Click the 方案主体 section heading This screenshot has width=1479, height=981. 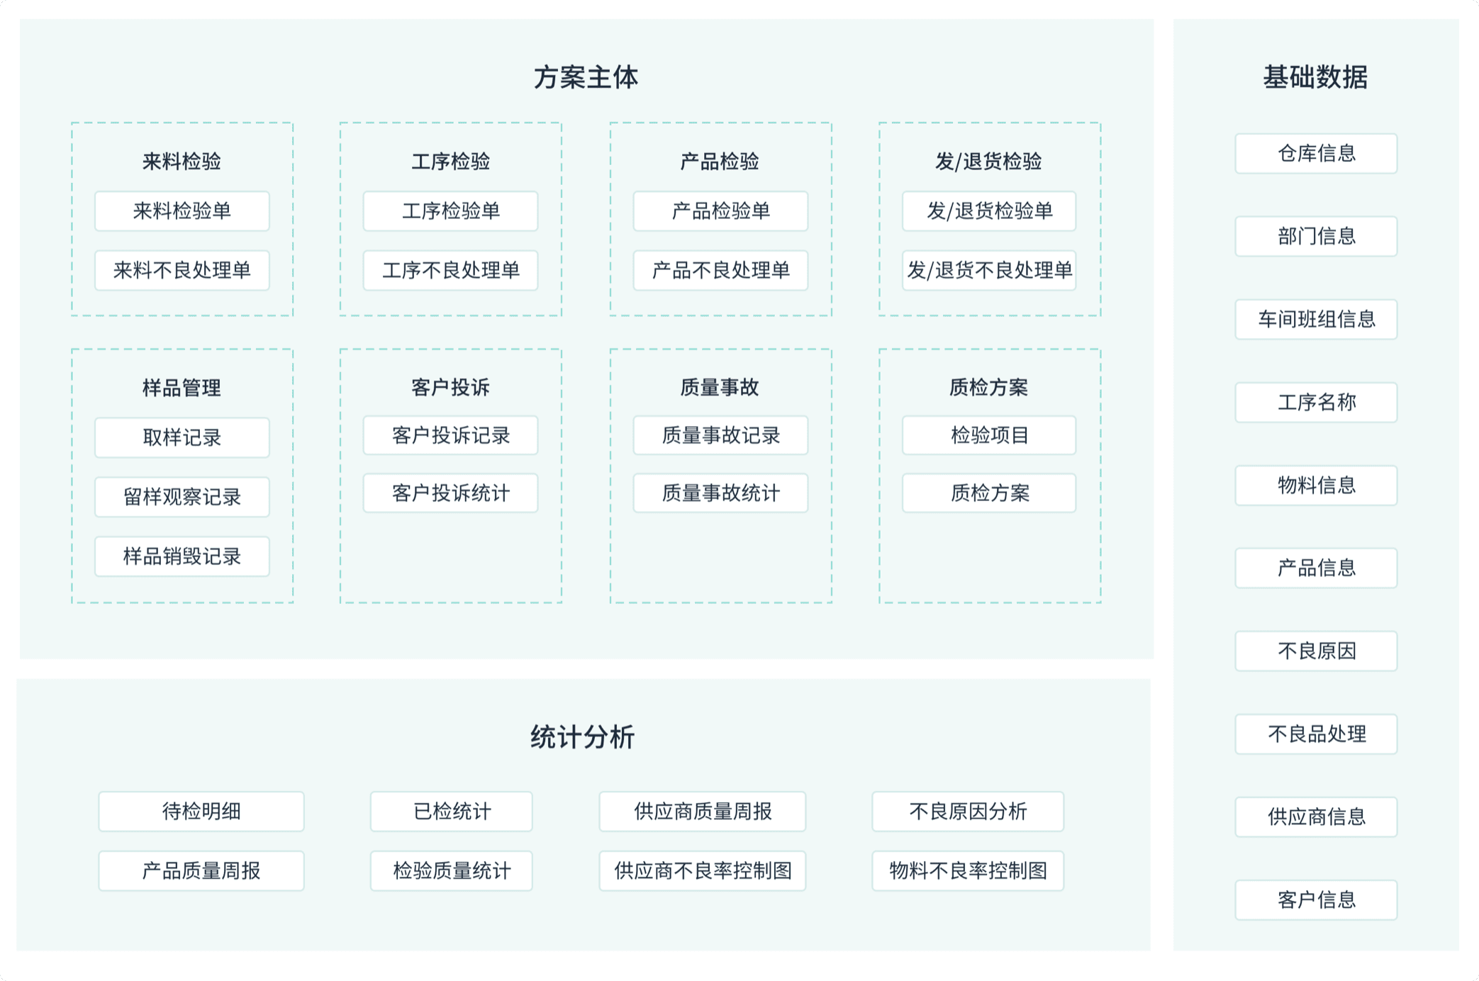(586, 77)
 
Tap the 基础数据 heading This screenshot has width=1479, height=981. (1315, 77)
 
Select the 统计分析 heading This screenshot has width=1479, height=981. (583, 737)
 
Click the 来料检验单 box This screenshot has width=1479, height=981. (182, 211)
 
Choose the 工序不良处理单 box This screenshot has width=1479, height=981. (451, 270)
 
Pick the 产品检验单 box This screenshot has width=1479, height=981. (720, 211)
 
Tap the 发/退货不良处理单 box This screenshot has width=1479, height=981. (989, 270)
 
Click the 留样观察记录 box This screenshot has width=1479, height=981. (182, 497)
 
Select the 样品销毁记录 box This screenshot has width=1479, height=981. (182, 556)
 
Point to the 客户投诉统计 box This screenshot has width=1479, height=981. (451, 493)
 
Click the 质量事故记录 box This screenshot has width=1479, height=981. (720, 435)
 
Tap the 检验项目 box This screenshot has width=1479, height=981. (989, 435)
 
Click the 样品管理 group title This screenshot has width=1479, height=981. (182, 388)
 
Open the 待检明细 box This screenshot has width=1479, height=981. (201, 811)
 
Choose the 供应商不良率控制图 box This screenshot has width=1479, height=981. (703, 870)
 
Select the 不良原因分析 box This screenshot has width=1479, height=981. (968, 811)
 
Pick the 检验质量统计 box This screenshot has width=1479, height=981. (452, 870)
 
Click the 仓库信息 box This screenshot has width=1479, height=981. (1316, 153)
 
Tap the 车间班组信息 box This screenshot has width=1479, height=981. (1316, 319)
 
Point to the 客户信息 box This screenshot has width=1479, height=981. (1316, 899)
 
